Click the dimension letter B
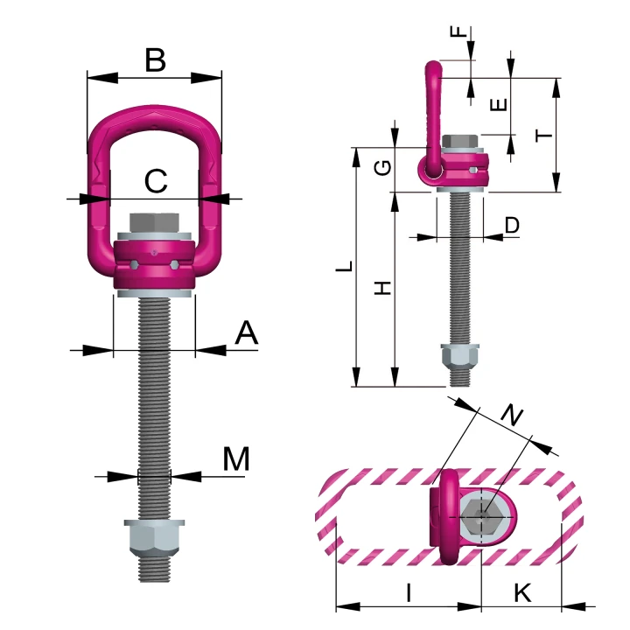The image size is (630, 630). point(155,60)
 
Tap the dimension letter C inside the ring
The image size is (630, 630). point(156,181)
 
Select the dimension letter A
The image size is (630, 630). point(246,332)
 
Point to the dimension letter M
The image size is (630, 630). point(236,458)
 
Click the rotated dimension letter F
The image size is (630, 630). point(458,31)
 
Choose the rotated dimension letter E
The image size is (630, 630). point(499,105)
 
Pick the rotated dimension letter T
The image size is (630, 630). point(544,136)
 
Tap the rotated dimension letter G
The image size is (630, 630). point(382,167)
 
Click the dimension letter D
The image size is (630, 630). point(512,225)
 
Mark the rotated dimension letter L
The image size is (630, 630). point(345,266)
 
